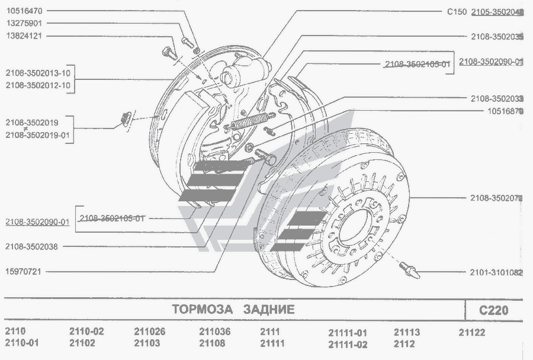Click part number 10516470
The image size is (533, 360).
tap(28, 11)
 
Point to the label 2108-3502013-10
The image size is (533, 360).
tap(38, 73)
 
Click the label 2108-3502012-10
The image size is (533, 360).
tap(38, 85)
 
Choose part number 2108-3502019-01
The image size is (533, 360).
tap(37, 136)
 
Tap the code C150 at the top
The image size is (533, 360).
tap(458, 11)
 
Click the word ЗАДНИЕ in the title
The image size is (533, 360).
tap(268, 310)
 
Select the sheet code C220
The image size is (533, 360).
tap(493, 310)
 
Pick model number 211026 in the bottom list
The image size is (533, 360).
tap(149, 332)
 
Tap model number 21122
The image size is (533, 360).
tap(472, 333)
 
